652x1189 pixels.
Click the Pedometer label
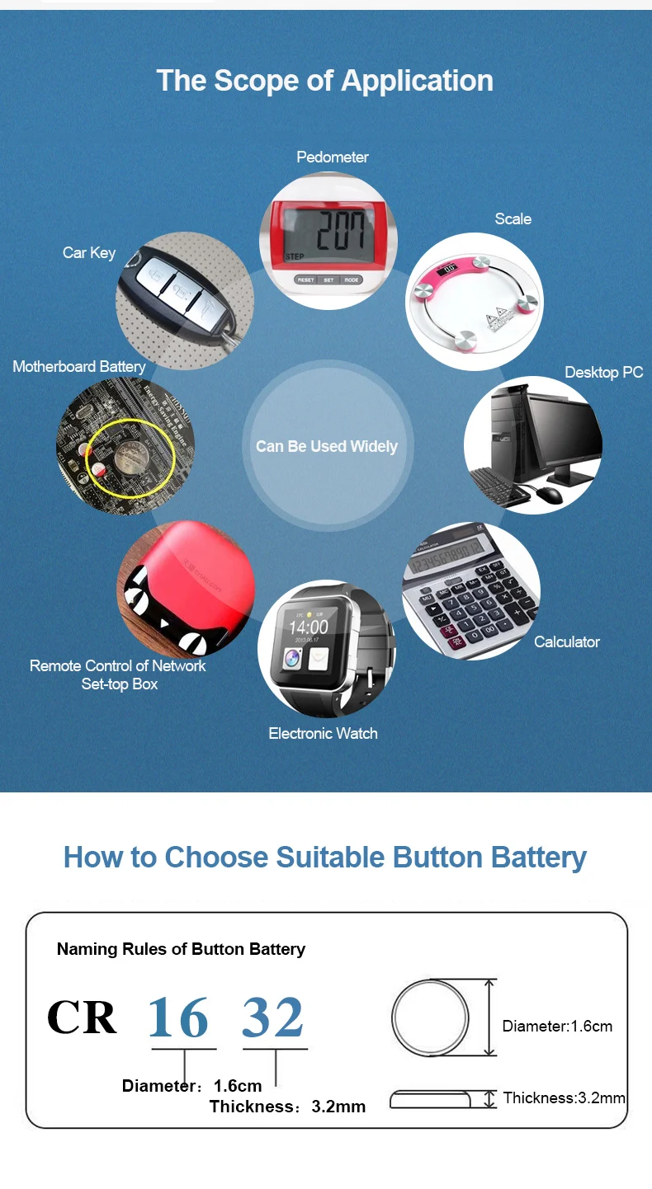tap(332, 157)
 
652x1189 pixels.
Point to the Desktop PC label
tap(603, 372)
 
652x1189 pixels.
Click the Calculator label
tap(566, 641)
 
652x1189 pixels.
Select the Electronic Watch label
tap(323, 734)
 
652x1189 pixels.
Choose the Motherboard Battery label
tap(78, 366)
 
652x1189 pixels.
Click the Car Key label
tap(89, 252)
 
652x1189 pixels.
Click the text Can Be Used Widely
tap(327, 446)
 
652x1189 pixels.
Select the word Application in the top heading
tap(417, 81)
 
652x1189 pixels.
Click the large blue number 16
tap(178, 1017)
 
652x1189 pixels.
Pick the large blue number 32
tap(272, 1017)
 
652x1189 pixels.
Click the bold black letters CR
tap(82, 1017)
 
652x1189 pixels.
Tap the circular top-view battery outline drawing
tap(392, 1017)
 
